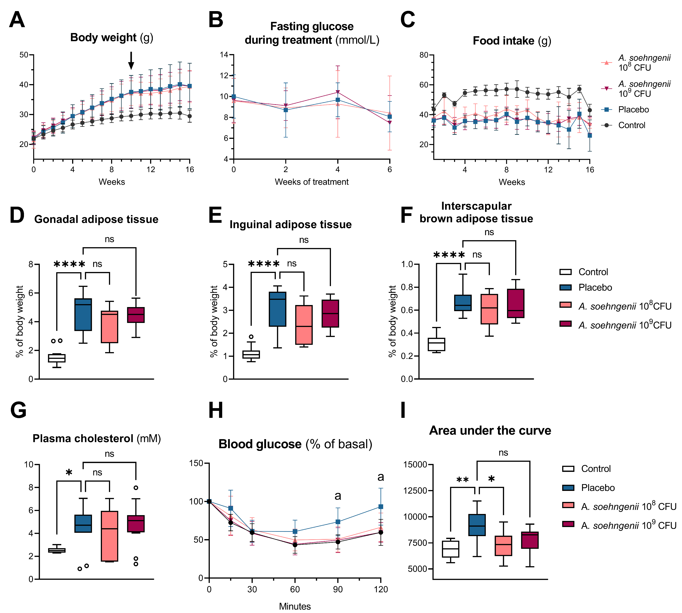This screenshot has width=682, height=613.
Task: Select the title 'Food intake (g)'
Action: (512, 41)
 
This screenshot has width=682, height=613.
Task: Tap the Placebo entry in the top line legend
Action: (633, 109)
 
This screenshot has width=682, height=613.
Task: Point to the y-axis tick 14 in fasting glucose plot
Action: (224, 54)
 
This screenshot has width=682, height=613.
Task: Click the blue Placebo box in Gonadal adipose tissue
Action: (83, 314)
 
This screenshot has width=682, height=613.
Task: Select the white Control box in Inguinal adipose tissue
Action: (251, 354)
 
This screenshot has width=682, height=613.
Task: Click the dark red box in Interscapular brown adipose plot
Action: (516, 303)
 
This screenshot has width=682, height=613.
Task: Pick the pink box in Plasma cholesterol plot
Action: (109, 536)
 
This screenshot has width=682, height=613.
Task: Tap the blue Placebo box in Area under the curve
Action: (477, 525)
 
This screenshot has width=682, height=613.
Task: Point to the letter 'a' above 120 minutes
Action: (381, 477)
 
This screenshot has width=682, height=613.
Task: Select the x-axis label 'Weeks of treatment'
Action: (312, 182)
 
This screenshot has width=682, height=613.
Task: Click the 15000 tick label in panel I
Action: (415, 464)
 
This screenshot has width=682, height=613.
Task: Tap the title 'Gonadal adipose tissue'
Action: (96, 219)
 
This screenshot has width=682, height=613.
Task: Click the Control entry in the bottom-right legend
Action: (595, 469)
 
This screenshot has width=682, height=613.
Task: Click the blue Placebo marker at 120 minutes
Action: (381, 506)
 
